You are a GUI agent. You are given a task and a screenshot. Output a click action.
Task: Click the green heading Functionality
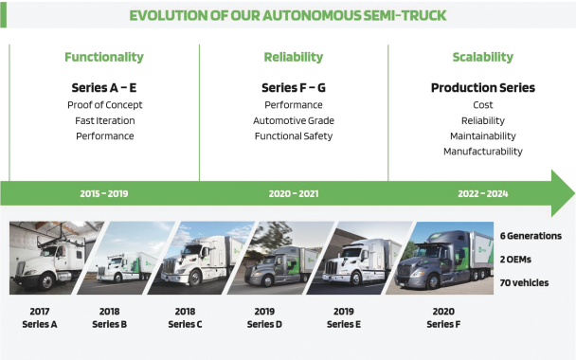click(104, 57)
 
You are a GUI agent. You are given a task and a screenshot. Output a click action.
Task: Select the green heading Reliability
click(294, 57)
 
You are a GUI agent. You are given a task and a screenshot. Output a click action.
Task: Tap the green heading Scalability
click(483, 57)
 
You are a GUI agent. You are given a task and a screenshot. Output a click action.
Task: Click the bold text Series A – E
click(104, 88)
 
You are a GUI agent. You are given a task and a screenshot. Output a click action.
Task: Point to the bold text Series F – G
click(294, 88)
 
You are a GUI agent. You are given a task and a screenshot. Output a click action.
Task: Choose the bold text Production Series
click(483, 88)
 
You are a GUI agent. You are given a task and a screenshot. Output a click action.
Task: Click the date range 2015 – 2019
click(104, 193)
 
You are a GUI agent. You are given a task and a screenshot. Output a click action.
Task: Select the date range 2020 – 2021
click(294, 193)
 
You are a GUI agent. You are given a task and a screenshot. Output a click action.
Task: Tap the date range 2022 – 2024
click(483, 193)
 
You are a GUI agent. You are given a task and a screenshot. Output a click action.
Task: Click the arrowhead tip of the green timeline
click(574, 193)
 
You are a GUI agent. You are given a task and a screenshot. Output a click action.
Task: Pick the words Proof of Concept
click(105, 105)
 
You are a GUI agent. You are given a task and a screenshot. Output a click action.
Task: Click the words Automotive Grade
click(294, 120)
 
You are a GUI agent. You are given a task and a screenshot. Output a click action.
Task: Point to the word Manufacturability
click(483, 152)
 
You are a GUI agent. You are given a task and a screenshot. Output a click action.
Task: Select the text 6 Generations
click(531, 236)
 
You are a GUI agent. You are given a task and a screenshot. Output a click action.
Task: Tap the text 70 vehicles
click(524, 283)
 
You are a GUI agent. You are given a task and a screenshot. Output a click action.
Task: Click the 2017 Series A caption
click(40, 317)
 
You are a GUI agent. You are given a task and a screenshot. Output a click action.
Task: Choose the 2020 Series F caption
click(443, 317)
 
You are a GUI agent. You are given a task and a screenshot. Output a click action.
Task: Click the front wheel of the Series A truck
click(47, 282)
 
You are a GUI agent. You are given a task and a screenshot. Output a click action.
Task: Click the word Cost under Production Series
click(483, 105)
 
